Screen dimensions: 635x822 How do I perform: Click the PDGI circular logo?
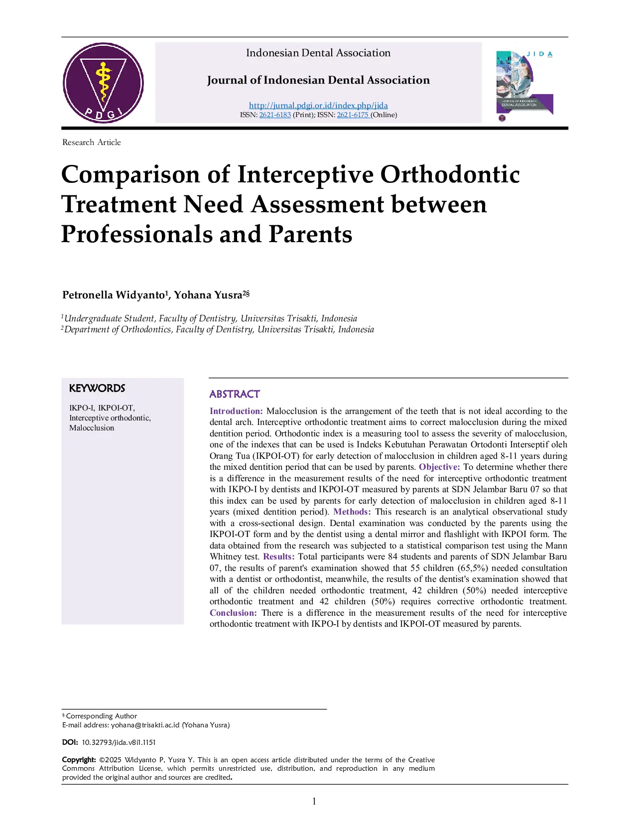click(x=103, y=83)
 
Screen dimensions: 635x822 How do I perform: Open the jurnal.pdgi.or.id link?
click(x=318, y=105)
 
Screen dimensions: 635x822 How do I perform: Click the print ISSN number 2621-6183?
click(x=275, y=115)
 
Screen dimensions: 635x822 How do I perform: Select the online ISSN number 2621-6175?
click(x=352, y=115)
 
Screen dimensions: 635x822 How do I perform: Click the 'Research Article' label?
click(x=92, y=142)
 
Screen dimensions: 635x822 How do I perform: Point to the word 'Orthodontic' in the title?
click(x=450, y=174)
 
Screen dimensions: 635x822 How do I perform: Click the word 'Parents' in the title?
click(x=310, y=234)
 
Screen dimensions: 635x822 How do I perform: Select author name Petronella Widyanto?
click(x=114, y=295)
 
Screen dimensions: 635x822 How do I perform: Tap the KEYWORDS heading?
click(x=97, y=388)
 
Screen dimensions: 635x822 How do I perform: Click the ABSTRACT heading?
click(x=235, y=394)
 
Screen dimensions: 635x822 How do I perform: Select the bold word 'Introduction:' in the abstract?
click(x=236, y=411)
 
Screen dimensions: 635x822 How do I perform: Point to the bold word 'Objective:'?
click(x=439, y=467)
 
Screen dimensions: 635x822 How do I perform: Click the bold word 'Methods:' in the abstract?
click(x=352, y=512)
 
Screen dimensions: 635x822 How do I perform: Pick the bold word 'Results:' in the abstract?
click(x=279, y=556)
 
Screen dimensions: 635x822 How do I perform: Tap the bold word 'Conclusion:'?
click(x=233, y=613)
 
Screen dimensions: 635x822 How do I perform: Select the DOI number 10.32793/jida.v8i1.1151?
click(x=119, y=742)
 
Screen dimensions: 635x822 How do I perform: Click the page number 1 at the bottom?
click(x=314, y=801)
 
